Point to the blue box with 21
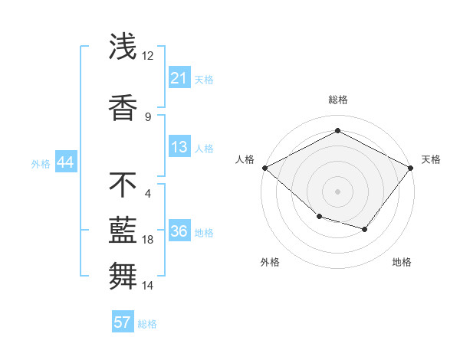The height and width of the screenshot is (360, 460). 179,78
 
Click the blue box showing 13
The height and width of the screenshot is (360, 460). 179,148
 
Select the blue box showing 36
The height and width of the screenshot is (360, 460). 179,232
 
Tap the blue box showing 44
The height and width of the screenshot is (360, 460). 65,162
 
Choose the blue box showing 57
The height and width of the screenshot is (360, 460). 122,322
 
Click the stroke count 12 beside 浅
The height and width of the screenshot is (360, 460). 147,56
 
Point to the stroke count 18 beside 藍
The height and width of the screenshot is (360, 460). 148,240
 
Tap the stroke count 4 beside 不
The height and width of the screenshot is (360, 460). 147,193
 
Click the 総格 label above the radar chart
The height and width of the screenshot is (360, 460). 337,100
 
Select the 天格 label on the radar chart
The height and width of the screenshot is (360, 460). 431,159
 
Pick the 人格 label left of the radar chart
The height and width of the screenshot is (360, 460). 245,159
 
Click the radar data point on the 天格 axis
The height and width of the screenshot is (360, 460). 411,167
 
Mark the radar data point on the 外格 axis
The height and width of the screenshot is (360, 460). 319,217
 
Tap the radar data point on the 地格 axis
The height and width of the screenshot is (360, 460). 365,229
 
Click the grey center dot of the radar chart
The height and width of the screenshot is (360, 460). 337,191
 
